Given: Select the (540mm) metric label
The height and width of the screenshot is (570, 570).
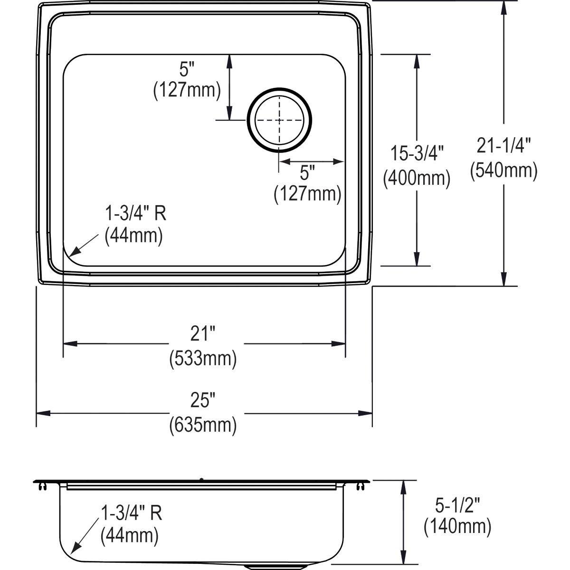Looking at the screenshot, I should click(x=503, y=170).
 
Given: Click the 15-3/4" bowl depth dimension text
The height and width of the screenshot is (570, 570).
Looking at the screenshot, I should click(x=417, y=153).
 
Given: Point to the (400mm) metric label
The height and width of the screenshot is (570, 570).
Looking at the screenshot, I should click(x=417, y=178).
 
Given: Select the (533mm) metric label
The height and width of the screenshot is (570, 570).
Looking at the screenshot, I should click(x=203, y=359).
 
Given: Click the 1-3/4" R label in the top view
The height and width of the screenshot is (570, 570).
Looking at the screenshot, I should click(x=135, y=214).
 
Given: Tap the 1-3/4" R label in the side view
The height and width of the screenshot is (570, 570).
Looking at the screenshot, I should click(x=131, y=513).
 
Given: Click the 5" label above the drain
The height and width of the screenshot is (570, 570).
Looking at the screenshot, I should click(x=187, y=70).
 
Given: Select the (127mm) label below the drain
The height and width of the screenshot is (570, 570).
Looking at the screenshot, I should click(x=307, y=194).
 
